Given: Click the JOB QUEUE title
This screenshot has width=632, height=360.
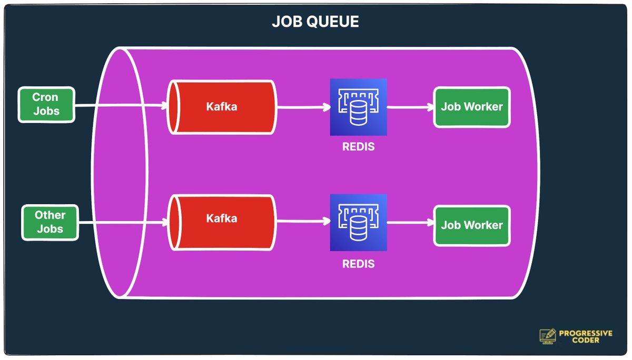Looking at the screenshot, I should (x=315, y=22).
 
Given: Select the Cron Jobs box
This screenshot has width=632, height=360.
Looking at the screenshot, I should (x=46, y=105).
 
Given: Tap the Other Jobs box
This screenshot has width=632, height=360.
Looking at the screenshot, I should (x=51, y=223).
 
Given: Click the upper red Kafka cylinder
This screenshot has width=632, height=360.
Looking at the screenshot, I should (x=222, y=107).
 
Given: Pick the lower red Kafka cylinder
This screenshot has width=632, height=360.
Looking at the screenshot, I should (x=222, y=218).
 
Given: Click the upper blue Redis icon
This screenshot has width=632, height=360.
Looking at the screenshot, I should (x=359, y=107).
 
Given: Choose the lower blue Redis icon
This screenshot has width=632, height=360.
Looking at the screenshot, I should (x=359, y=223).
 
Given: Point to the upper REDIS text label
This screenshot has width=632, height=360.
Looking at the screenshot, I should (x=359, y=147).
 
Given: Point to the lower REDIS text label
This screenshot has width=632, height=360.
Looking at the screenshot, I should (x=359, y=264).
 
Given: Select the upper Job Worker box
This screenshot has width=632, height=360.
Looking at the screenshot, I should (x=472, y=107).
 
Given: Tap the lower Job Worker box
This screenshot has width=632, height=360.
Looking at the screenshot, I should (x=472, y=225).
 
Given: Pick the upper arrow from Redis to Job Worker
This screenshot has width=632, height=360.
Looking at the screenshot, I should (x=410, y=107).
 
